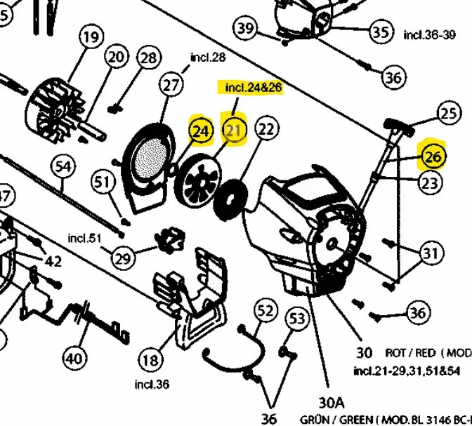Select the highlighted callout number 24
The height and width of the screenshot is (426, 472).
coord(201,131)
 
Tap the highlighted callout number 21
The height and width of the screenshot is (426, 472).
coord(235,130)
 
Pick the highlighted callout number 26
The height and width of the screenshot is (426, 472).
coord(432,157)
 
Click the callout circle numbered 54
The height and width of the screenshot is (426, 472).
coord(63,167)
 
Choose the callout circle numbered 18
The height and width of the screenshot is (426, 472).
coord(150,361)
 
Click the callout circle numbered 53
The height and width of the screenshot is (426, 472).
coord(298,320)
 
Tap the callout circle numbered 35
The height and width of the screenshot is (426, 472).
coord(381,32)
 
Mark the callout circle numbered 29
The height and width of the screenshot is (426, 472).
coord(123,258)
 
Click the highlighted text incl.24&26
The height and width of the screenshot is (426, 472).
coord(253,88)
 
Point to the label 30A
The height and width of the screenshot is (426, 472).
coord(332,403)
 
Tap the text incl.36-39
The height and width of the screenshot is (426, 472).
coord(429,34)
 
